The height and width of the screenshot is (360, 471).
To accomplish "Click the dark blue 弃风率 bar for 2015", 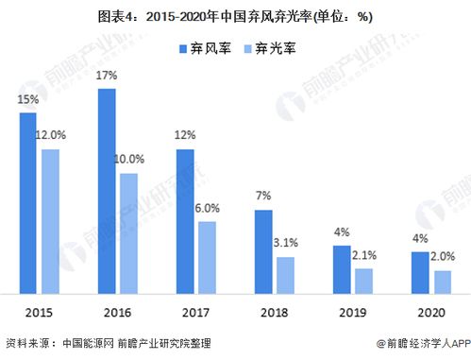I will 27,202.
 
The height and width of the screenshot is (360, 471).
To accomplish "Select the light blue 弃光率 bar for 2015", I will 50,221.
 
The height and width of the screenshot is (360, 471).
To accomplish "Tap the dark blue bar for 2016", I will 107,191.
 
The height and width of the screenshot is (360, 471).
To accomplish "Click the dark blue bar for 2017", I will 186,221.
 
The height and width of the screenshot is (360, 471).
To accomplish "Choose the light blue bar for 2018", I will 285,274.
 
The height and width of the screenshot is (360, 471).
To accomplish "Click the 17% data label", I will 107,75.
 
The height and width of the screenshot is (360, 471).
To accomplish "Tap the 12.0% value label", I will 52,136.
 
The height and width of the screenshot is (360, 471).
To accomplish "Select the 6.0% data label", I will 207,207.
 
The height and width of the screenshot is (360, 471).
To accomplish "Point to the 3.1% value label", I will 286,243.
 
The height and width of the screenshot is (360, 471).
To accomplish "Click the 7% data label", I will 263,196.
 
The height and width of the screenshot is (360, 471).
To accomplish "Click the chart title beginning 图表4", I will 235,15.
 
